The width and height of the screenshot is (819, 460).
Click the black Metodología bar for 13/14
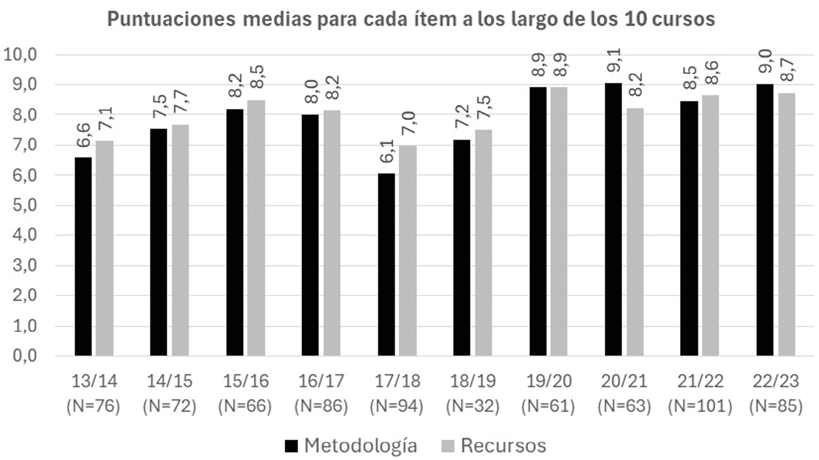(x=83, y=256)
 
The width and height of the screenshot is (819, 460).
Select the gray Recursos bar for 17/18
(x=408, y=250)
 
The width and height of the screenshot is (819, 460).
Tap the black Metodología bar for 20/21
(x=613, y=219)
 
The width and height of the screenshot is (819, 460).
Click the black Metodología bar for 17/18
(x=386, y=265)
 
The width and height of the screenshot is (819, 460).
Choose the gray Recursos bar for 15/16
(x=256, y=228)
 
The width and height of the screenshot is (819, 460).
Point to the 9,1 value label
(x=614, y=60)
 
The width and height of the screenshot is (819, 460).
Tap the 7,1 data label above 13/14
(x=105, y=119)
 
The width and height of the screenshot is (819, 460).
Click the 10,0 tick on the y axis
(x=20, y=55)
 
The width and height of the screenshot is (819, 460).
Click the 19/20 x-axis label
(x=548, y=381)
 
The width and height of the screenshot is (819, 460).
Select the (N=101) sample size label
(x=700, y=407)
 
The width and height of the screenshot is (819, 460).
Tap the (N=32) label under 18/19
(x=472, y=407)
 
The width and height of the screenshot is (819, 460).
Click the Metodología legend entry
(x=351, y=446)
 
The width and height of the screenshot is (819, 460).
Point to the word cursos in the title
(x=685, y=19)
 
